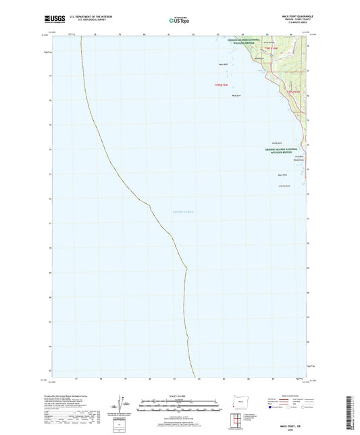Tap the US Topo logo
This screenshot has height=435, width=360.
point(179,21)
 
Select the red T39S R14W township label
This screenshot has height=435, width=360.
point(292,89)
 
